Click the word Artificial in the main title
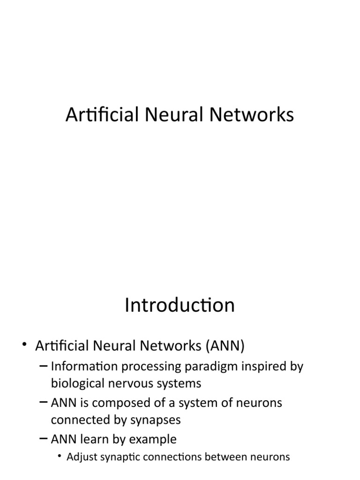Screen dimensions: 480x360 (97, 115)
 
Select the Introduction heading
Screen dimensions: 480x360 (180, 306)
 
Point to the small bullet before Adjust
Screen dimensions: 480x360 (61, 457)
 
